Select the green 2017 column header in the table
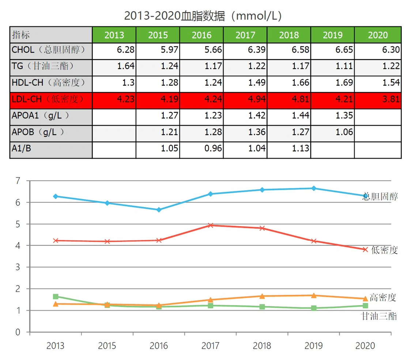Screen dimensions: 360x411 245,35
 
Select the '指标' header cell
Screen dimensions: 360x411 50,35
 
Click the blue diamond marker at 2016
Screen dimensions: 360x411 159,210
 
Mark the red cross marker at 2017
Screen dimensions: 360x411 211,225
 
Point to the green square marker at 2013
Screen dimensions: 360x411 56,297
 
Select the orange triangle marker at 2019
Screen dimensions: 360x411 314,295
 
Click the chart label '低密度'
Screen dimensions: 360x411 384,250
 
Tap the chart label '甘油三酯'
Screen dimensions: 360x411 379,316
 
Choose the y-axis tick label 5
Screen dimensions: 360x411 18,224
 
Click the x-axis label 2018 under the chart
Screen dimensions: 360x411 262,346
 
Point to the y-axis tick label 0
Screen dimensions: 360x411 18,332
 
